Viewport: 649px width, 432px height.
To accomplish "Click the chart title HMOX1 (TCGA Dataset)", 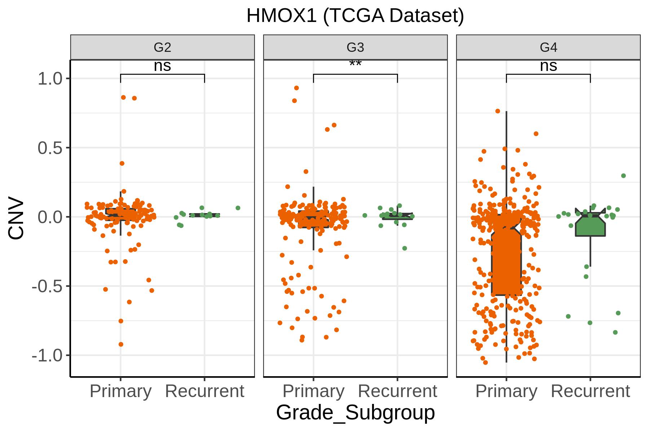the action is [x=355, y=16].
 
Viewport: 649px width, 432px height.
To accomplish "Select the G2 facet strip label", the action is [x=162, y=47].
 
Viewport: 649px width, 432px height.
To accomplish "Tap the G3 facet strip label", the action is [x=355, y=47].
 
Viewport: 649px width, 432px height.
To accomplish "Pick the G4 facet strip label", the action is [x=548, y=47].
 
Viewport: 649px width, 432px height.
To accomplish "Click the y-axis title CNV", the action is [x=16, y=218].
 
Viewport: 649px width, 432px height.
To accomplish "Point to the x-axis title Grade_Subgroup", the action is [x=355, y=413].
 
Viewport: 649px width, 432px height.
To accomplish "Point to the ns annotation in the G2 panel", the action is [x=162, y=66].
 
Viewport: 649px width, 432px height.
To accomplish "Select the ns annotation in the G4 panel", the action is [x=548, y=66].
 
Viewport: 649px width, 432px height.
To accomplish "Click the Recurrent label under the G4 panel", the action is [x=590, y=391].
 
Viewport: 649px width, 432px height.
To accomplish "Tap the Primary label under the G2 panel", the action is [x=120, y=392].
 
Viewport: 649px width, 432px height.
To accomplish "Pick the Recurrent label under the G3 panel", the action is [x=397, y=391].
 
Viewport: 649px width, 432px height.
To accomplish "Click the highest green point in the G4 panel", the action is [x=623, y=176].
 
